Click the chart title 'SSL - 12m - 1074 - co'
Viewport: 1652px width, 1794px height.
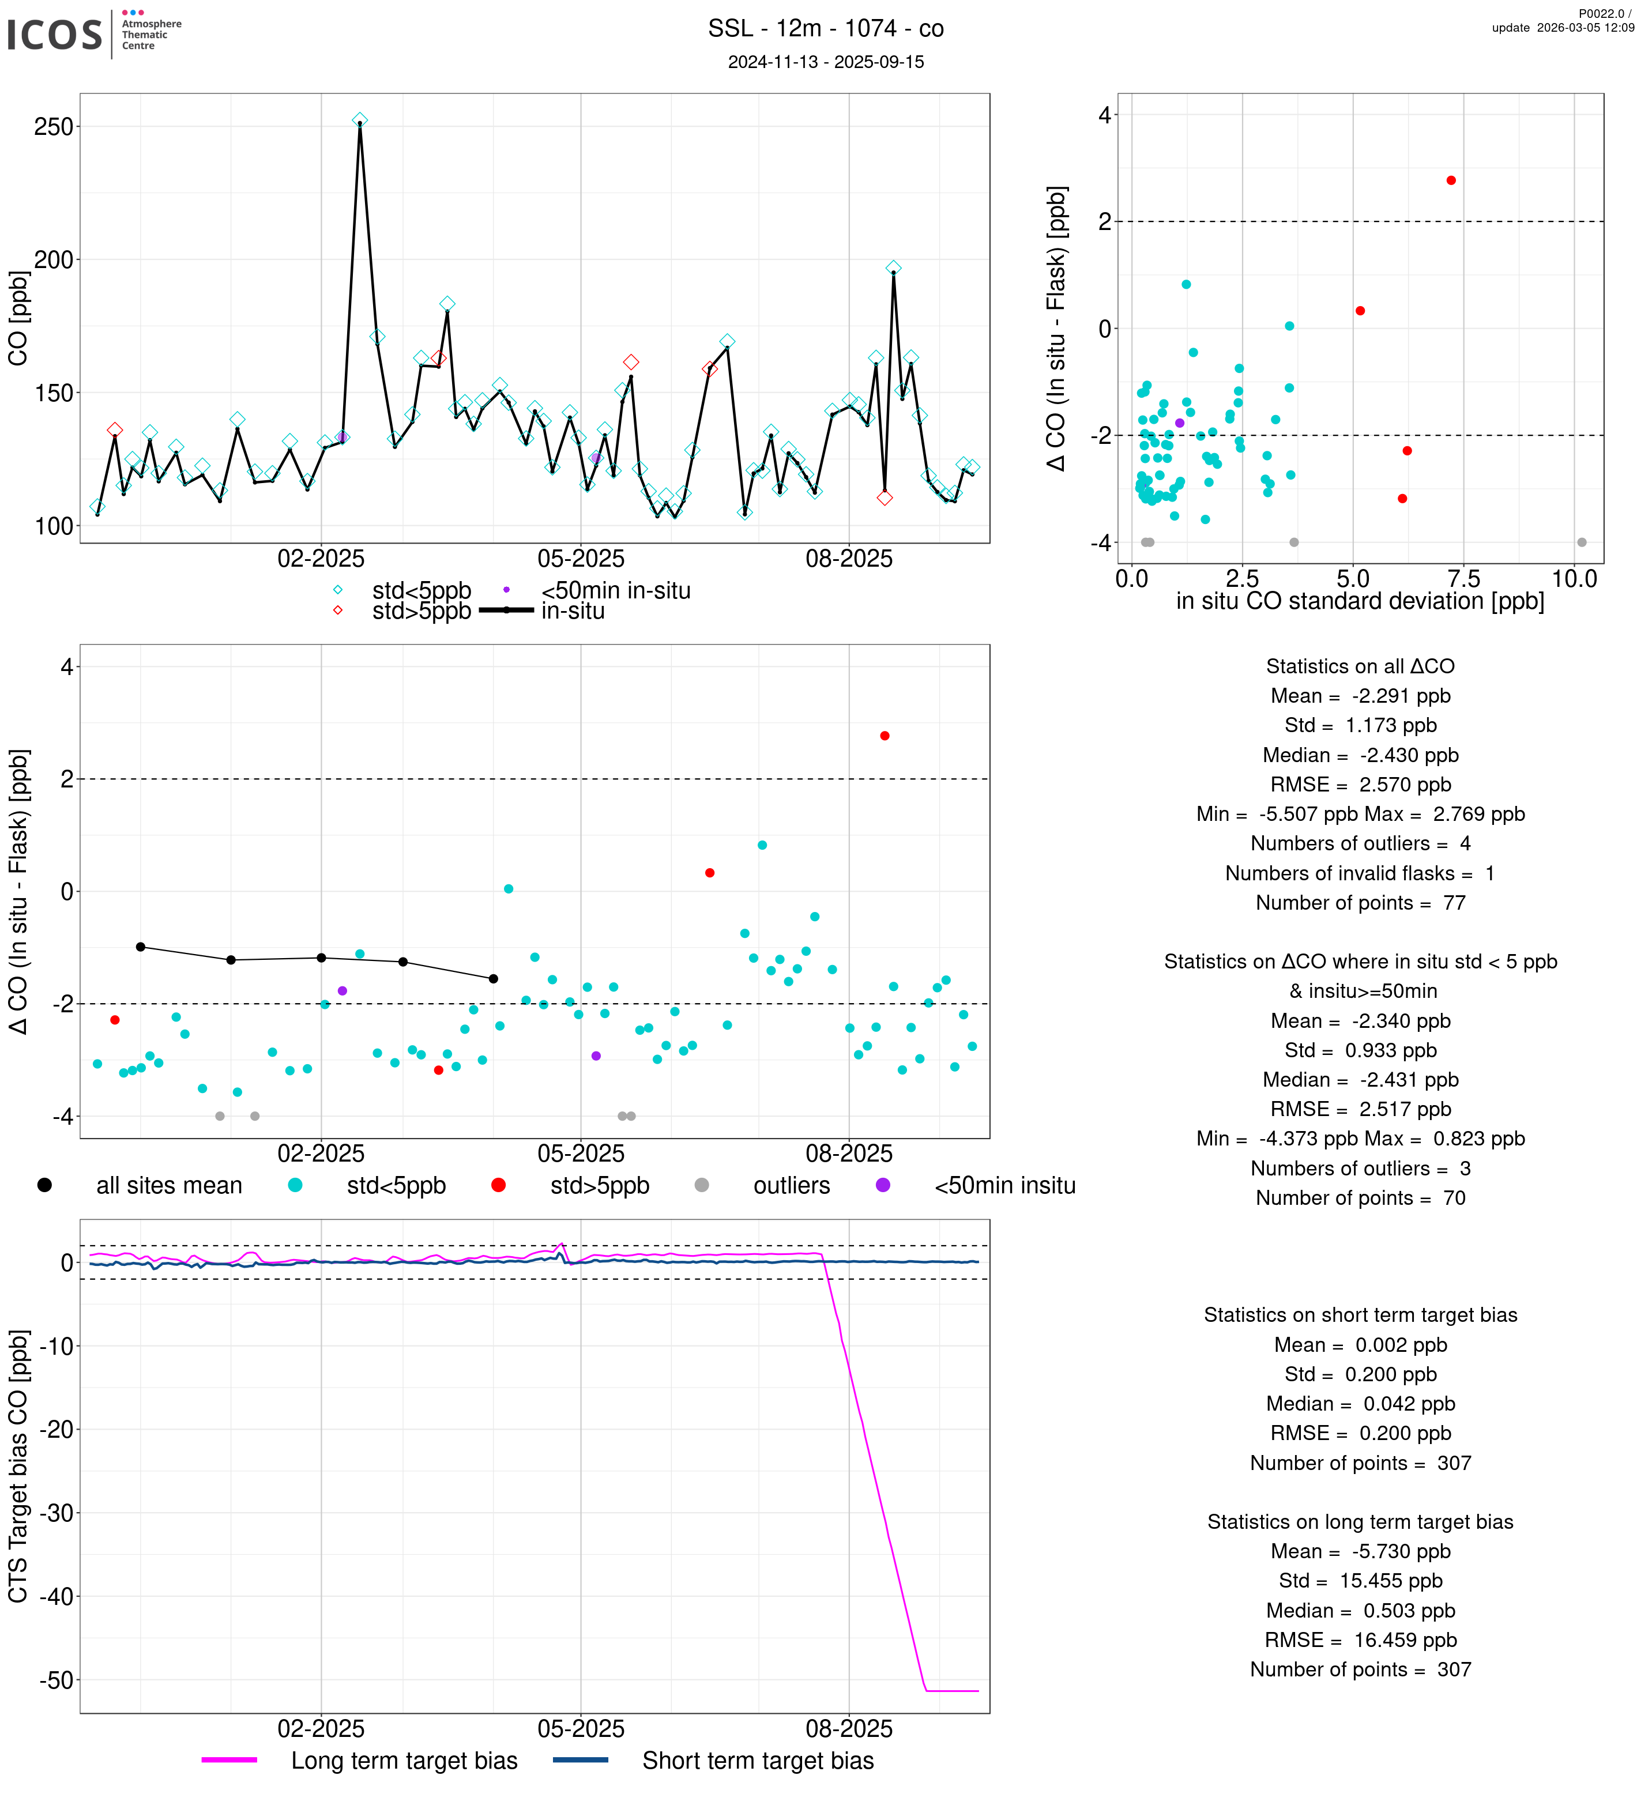click(x=825, y=29)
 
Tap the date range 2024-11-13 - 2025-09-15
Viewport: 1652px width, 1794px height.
click(x=825, y=62)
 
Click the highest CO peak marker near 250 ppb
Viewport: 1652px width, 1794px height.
click(x=359, y=120)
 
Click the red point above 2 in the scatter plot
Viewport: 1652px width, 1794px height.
click(x=1450, y=180)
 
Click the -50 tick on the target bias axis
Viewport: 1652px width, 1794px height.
click(x=55, y=1680)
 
